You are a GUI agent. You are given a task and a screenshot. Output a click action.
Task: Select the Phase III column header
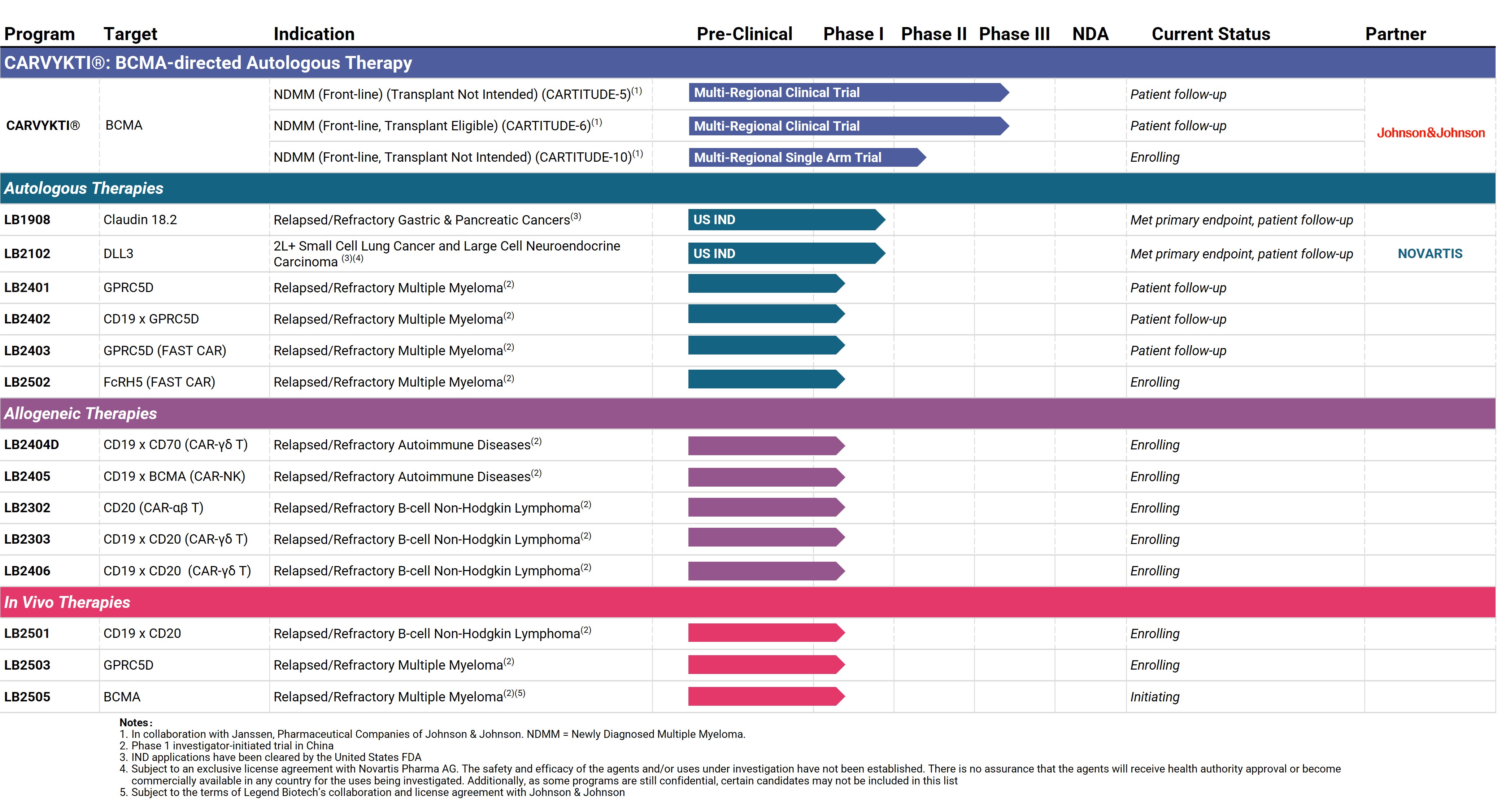pyautogui.click(x=1014, y=34)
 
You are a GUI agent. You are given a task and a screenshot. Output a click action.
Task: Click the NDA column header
pyautogui.click(x=1090, y=34)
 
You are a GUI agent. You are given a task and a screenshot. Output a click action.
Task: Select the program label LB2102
pyautogui.click(x=27, y=253)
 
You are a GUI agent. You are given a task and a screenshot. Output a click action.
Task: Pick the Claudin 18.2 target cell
pyautogui.click(x=140, y=220)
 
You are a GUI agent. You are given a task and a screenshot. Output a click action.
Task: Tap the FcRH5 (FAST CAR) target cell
pyautogui.click(x=159, y=382)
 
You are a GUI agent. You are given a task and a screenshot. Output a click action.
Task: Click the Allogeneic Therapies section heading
pyautogui.click(x=81, y=413)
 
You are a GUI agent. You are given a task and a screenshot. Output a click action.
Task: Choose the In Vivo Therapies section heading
pyautogui.click(x=68, y=602)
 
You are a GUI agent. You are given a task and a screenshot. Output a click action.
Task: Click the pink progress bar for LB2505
pyautogui.click(x=766, y=696)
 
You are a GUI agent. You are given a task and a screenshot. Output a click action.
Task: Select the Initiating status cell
pyautogui.click(x=1155, y=697)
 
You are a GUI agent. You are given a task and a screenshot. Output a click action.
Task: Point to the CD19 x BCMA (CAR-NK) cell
pyautogui.click(x=174, y=477)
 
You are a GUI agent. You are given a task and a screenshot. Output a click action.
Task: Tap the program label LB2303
pyautogui.click(x=27, y=539)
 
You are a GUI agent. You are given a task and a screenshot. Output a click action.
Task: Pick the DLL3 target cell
pyautogui.click(x=118, y=253)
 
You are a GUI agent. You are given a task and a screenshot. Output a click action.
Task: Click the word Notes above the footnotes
pyautogui.click(x=135, y=722)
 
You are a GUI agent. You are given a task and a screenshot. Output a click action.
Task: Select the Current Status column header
pyautogui.click(x=1211, y=34)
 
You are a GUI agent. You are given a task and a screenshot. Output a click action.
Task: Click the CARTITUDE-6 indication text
pyautogui.click(x=438, y=126)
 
